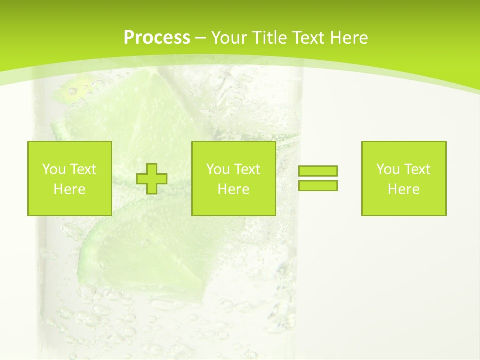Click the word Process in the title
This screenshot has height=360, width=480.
pos(157,38)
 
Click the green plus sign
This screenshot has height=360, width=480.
pos(152,179)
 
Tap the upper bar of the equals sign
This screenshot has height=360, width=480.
pos(318,171)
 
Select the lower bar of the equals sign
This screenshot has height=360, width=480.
pos(318,186)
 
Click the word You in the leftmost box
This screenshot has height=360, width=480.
pos(54,169)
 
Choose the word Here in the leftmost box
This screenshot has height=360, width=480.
pos(69,189)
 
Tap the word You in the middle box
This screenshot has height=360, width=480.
pos(218,169)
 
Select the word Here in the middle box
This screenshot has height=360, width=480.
pos(233,189)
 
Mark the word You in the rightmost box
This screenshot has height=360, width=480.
pos(388,169)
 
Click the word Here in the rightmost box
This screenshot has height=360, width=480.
pos(403,189)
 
